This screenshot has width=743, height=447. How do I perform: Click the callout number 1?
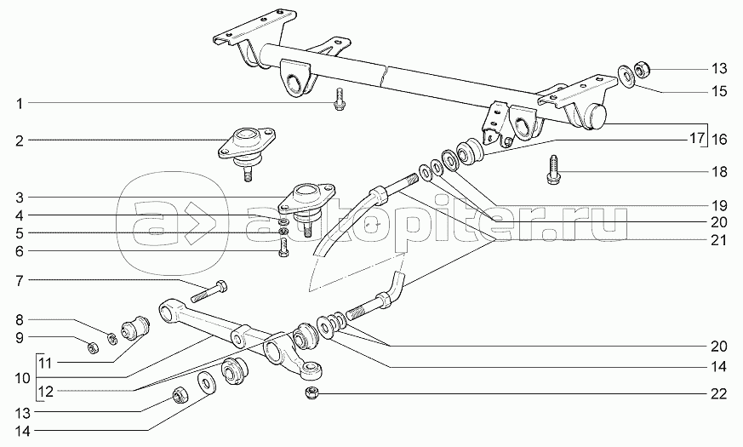[x=19, y=103]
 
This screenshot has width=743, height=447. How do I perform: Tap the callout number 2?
[x=19, y=139]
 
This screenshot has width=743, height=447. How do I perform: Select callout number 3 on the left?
[x=19, y=198]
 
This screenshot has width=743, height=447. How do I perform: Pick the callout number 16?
[x=720, y=139]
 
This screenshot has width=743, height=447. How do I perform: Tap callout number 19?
[x=720, y=205]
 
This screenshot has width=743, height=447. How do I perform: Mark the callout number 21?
[x=720, y=240]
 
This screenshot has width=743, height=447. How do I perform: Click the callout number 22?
[x=720, y=393]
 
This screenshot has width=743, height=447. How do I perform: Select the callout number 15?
[x=720, y=89]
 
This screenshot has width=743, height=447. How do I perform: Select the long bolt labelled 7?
[x=209, y=290]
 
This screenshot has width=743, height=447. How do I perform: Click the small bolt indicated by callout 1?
[x=339, y=102]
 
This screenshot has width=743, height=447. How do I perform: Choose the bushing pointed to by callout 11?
[x=136, y=326]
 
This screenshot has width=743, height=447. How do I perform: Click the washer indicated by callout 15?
[x=626, y=73]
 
